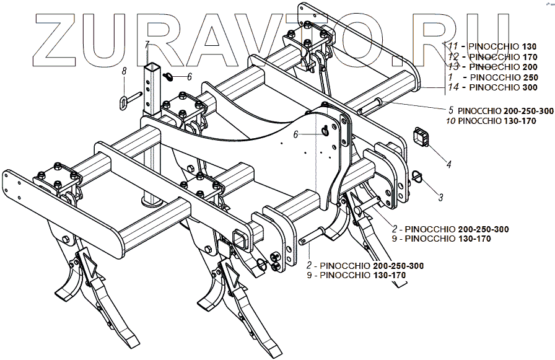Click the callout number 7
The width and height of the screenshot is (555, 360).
[147, 45]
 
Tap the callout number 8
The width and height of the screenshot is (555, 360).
[124, 72]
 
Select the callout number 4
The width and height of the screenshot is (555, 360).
[448, 165]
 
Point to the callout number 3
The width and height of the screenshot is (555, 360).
[440, 198]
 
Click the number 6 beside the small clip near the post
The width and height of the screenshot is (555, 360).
[189, 77]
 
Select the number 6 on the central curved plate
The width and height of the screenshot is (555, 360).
[296, 134]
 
